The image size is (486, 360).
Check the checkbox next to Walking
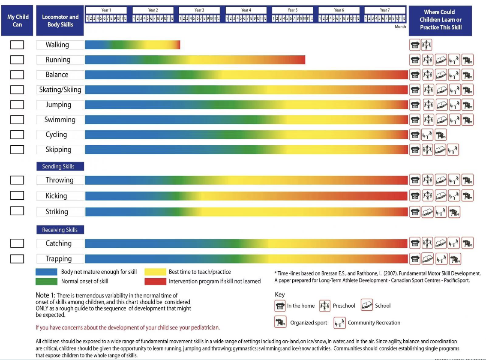click(17, 45)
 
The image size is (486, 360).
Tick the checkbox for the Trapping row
click(17, 259)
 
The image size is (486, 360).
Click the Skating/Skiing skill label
click(60, 90)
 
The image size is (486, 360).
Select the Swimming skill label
click(60, 120)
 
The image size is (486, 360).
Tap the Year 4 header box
click(246, 10)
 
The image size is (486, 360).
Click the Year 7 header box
click(385, 10)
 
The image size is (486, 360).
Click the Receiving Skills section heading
click(60, 230)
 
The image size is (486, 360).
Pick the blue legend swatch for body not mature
click(46, 272)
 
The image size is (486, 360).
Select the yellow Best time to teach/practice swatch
click(155, 272)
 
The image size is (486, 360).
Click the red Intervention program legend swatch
click(155, 282)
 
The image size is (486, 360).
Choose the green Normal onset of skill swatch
click(46, 282)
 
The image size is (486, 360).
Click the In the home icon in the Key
click(280, 306)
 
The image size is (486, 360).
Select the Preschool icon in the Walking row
click(427, 45)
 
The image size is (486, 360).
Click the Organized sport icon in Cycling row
click(441, 135)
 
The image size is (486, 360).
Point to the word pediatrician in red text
click(203, 328)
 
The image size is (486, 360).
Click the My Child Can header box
click(17, 21)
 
